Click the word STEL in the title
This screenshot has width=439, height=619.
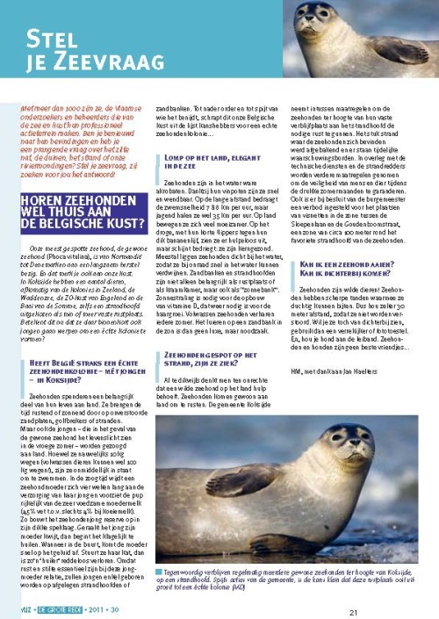tap(54, 38)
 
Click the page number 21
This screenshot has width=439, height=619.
tap(353, 612)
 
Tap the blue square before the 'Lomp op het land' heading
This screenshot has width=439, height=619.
tap(158, 156)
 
